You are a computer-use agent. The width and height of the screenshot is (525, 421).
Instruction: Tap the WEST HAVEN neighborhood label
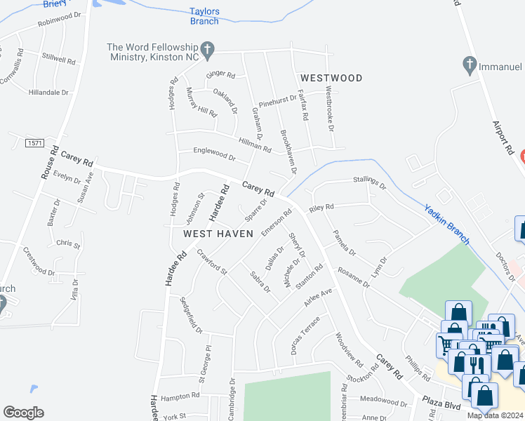click(218, 234)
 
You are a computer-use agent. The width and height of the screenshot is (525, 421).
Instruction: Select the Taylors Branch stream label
click(204, 16)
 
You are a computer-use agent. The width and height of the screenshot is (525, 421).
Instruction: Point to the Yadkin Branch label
click(447, 223)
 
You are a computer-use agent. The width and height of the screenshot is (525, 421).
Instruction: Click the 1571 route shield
click(34, 143)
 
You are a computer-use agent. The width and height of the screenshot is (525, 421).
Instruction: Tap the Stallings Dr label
click(369, 185)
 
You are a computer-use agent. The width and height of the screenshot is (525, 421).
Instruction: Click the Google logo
click(23, 412)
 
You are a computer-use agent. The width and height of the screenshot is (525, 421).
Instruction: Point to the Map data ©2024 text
click(495, 415)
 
